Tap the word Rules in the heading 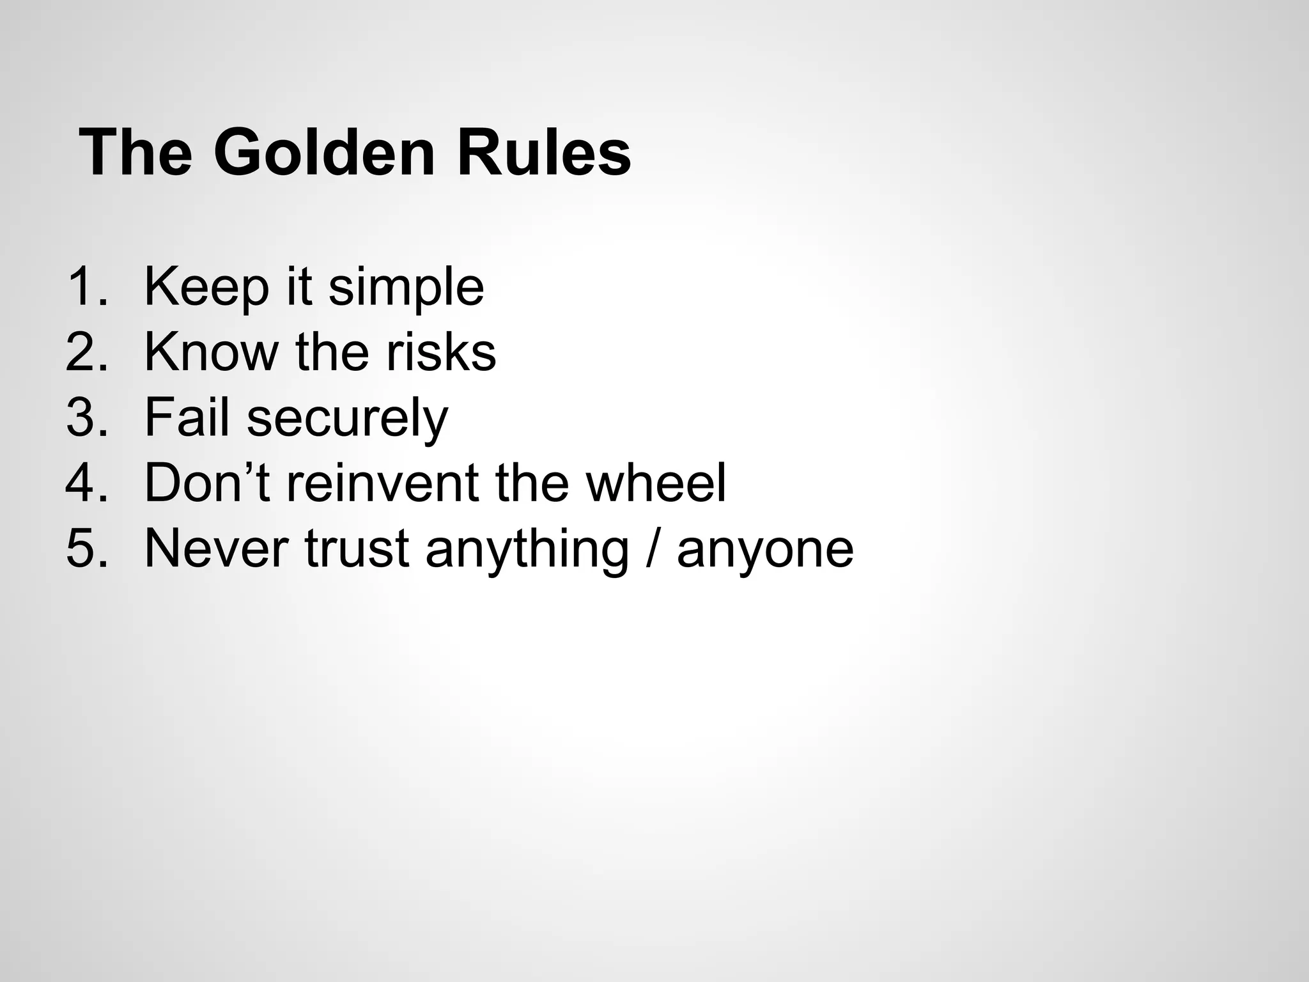[544, 154]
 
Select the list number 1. [86, 287]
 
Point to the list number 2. [86, 352]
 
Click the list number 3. [86, 418]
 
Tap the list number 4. [86, 483]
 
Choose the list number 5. [86, 549]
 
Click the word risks [441, 352]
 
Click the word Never [216, 549]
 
